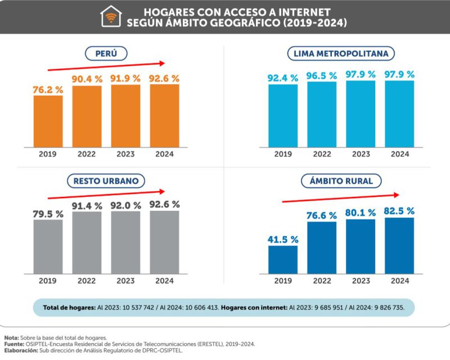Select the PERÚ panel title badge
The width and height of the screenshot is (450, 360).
tap(106, 53)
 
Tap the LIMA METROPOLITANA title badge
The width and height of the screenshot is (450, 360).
tap(341, 53)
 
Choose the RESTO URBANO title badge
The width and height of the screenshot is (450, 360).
tap(106, 181)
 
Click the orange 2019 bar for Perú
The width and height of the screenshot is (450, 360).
tap(48, 121)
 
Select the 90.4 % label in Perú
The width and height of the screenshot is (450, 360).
tap(87, 78)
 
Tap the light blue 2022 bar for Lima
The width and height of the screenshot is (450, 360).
tap(322, 114)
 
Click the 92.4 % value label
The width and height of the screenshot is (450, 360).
tap(282, 78)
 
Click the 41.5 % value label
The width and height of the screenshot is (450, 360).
tap(282, 239)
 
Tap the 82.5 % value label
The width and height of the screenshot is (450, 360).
tap(399, 211)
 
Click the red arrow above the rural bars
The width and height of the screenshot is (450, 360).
tap(340, 198)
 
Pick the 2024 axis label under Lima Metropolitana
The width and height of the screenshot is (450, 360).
tap(399, 154)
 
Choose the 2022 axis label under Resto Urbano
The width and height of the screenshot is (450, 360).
tap(87, 280)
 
